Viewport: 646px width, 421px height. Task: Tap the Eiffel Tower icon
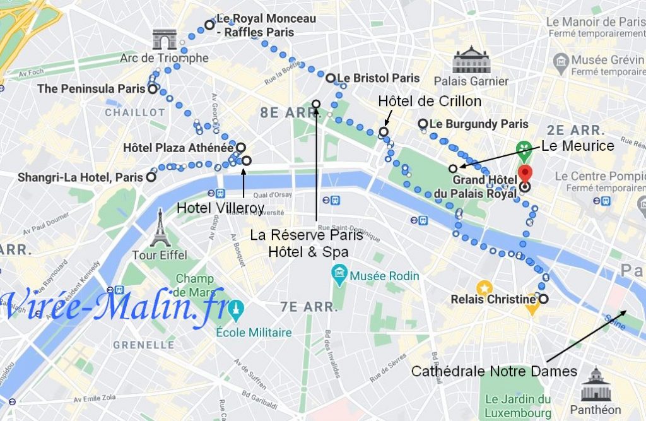[x=160, y=228]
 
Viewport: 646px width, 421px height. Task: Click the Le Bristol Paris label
[x=379, y=78]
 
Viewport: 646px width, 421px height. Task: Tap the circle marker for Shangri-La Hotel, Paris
[x=151, y=177]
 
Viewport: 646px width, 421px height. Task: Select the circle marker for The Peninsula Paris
[x=153, y=90]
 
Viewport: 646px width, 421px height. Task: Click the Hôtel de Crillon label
[x=430, y=102]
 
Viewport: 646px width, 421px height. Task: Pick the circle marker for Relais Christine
[x=543, y=299]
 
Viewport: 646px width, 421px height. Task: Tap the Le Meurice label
[x=578, y=146]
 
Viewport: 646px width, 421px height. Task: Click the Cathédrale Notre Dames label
[x=494, y=371]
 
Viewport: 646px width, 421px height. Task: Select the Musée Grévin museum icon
[x=561, y=61]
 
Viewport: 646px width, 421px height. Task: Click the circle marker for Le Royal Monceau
[x=209, y=25]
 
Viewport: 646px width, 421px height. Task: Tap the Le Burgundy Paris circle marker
[x=423, y=124]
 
